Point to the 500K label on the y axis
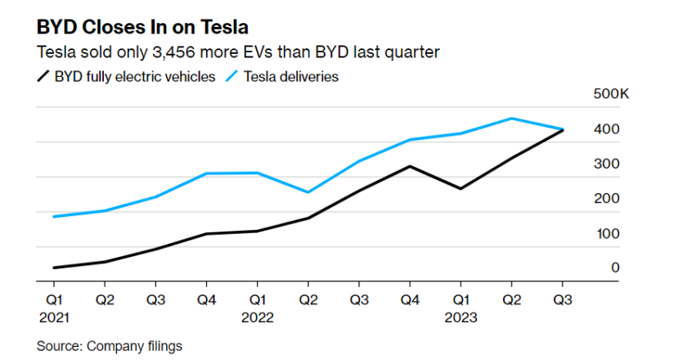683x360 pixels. [x=610, y=95]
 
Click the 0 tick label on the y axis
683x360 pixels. [x=615, y=268]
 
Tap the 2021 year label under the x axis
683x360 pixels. [x=53, y=317]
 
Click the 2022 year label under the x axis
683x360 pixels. [x=257, y=317]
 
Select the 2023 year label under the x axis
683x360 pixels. [x=461, y=317]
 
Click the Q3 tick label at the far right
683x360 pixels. [x=563, y=300]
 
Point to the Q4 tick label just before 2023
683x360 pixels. [x=410, y=300]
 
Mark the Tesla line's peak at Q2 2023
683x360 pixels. [x=512, y=119]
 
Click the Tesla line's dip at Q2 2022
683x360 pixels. [x=308, y=192]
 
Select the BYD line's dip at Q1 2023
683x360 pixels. [x=461, y=189]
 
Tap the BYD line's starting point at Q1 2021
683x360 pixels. [x=53, y=268]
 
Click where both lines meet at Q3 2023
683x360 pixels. [x=563, y=129]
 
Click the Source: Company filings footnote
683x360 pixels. [x=110, y=346]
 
